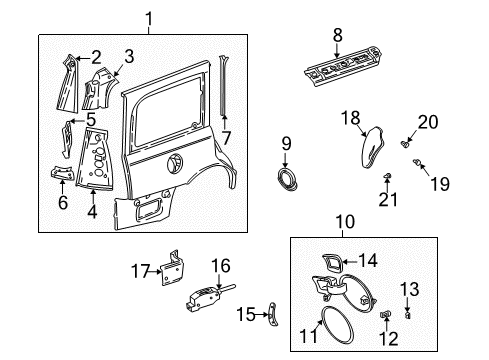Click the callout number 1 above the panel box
(150, 17)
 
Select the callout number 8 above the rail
(337, 35)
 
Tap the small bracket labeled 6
(61, 176)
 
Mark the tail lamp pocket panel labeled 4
(101, 156)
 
